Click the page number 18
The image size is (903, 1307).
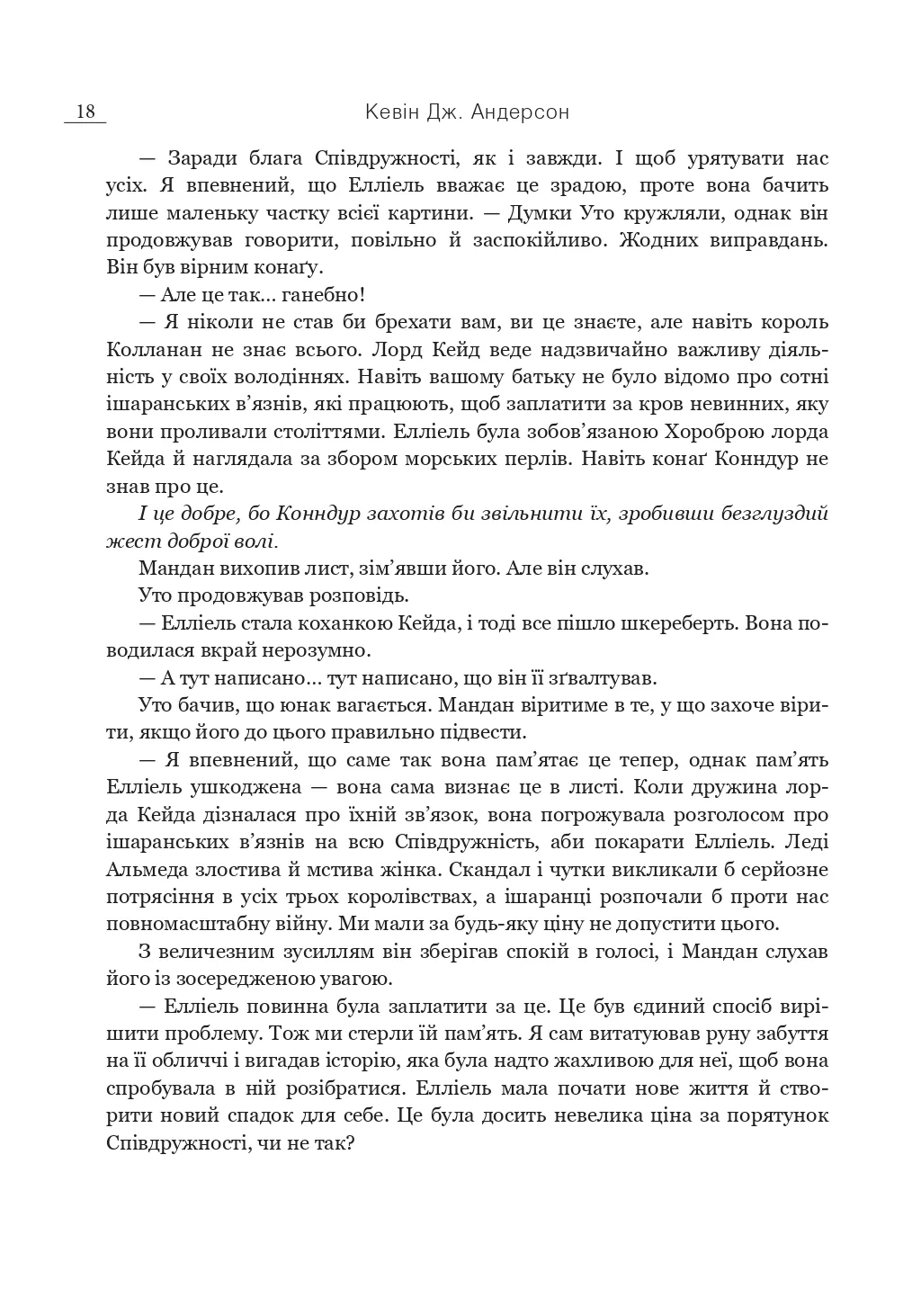pyautogui.click(x=85, y=112)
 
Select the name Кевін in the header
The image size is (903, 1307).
pyautogui.click(x=393, y=112)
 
